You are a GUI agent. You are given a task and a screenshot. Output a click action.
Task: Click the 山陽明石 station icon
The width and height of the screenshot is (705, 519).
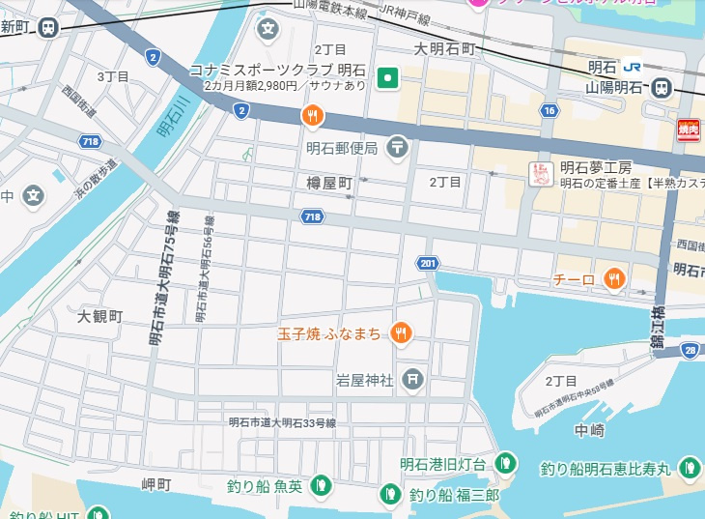[662, 87]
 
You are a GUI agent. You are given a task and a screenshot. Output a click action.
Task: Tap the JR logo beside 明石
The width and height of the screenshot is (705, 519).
[633, 67]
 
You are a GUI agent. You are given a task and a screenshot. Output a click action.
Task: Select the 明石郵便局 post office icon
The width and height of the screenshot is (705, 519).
[398, 147]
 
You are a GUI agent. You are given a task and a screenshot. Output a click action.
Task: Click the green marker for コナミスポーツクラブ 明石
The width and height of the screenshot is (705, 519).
[387, 77]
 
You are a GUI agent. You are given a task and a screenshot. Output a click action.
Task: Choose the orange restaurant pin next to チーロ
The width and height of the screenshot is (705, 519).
[613, 279]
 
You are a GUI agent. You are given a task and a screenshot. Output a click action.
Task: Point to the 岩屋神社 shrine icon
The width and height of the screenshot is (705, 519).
[413, 379]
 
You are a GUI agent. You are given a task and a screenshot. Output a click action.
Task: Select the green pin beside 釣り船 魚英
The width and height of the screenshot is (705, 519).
[323, 485]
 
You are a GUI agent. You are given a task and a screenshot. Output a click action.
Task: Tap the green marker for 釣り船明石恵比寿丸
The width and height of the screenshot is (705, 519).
[689, 469]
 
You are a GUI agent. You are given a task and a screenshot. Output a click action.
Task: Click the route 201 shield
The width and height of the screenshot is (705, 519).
[429, 264]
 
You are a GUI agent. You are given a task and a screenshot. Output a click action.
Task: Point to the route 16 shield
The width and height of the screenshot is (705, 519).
[550, 111]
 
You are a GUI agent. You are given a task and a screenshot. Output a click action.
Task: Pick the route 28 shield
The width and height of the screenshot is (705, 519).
[690, 350]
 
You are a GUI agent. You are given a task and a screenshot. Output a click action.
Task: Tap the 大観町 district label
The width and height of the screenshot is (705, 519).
[100, 316]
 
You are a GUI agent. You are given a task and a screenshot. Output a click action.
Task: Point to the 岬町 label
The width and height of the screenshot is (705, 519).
[155, 483]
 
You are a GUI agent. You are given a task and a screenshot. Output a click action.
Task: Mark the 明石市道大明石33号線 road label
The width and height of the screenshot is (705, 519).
[282, 422]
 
